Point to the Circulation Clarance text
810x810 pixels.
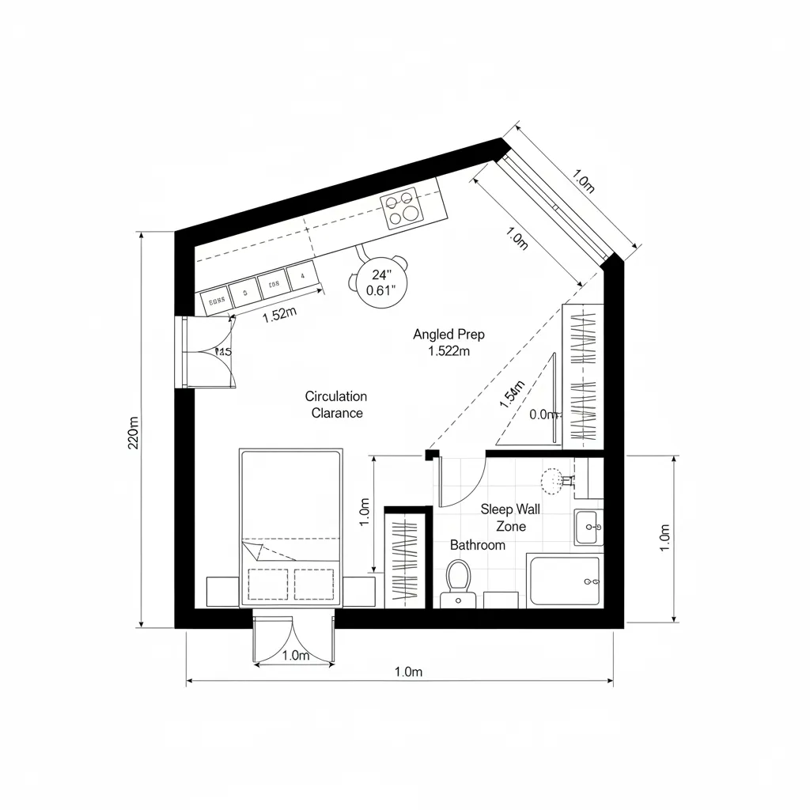click(x=336, y=404)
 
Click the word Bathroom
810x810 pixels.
click(x=478, y=545)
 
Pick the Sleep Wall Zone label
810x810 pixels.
click(x=510, y=518)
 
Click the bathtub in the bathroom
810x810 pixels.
click(x=564, y=581)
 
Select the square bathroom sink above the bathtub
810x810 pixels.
click(x=589, y=528)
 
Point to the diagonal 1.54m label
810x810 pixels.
click(x=512, y=395)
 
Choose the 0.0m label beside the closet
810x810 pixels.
click(x=543, y=414)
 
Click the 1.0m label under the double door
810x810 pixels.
click(x=295, y=655)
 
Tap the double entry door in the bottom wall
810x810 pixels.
click(x=294, y=637)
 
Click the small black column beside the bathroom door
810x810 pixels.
click(x=432, y=455)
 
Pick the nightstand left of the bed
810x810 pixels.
click(x=222, y=592)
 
